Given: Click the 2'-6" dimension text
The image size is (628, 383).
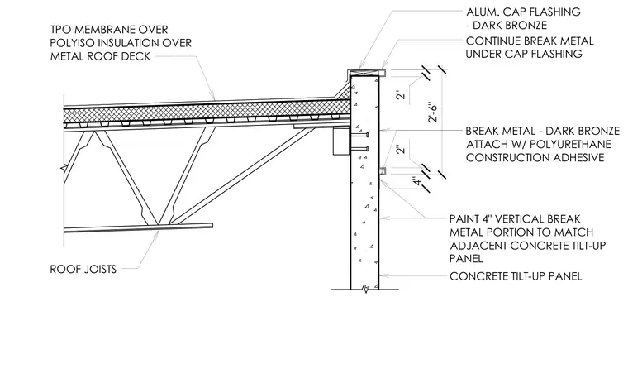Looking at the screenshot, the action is (433, 113).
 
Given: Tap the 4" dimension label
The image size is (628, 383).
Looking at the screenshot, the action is (417, 181).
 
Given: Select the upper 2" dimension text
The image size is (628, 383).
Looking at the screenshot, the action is (400, 94).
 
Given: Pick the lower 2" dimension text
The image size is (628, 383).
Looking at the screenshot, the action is (400, 149).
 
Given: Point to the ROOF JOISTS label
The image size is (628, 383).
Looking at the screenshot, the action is (83, 269).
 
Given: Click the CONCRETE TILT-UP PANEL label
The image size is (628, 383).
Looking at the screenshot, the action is (516, 276).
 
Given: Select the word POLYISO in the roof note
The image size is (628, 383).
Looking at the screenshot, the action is (74, 43).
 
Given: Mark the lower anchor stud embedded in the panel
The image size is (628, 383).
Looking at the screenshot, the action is (359, 149).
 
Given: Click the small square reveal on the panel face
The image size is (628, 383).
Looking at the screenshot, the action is (382, 171).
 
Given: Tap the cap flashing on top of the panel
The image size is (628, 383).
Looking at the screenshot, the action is (366, 73).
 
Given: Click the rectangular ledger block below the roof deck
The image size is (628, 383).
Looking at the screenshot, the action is (341, 141).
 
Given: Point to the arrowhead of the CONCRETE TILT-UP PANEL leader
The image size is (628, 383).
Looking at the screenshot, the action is (381, 276).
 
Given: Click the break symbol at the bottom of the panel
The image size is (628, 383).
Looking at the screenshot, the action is (364, 290).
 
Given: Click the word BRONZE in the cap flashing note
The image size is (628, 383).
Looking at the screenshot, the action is (529, 26).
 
